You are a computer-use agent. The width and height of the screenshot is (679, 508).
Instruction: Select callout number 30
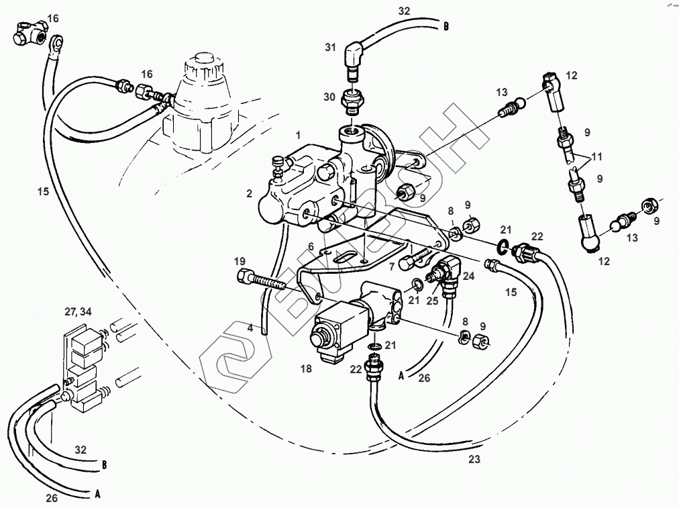(x=329, y=97)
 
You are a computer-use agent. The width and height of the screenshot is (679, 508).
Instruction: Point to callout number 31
(x=330, y=47)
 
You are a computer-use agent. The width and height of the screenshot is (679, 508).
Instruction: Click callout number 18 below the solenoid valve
(x=306, y=368)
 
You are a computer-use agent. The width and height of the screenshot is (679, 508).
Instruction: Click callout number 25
(x=433, y=300)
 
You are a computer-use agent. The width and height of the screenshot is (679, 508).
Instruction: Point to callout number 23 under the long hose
(x=475, y=460)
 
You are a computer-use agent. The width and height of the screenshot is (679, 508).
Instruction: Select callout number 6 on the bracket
(x=311, y=246)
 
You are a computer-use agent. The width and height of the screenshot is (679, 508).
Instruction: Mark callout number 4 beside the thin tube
(x=250, y=327)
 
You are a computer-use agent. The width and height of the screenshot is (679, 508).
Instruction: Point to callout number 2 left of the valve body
(x=249, y=193)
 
